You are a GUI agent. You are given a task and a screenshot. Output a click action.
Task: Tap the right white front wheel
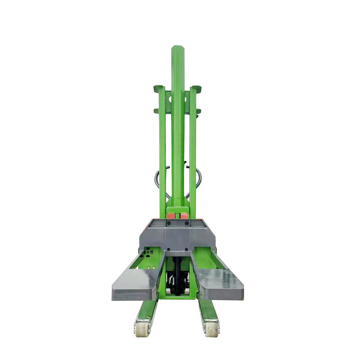click(211, 328)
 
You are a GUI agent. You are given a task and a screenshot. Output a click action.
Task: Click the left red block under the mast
click(171, 216)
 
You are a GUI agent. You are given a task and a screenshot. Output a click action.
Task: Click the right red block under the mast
click(184, 216)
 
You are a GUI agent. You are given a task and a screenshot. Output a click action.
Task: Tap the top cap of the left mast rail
click(159, 88)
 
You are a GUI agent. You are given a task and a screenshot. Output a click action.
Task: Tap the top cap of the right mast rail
click(196, 88)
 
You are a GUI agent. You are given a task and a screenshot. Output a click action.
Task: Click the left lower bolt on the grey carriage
click(168, 249)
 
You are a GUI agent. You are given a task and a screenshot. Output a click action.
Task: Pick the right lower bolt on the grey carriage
click(187, 249)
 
